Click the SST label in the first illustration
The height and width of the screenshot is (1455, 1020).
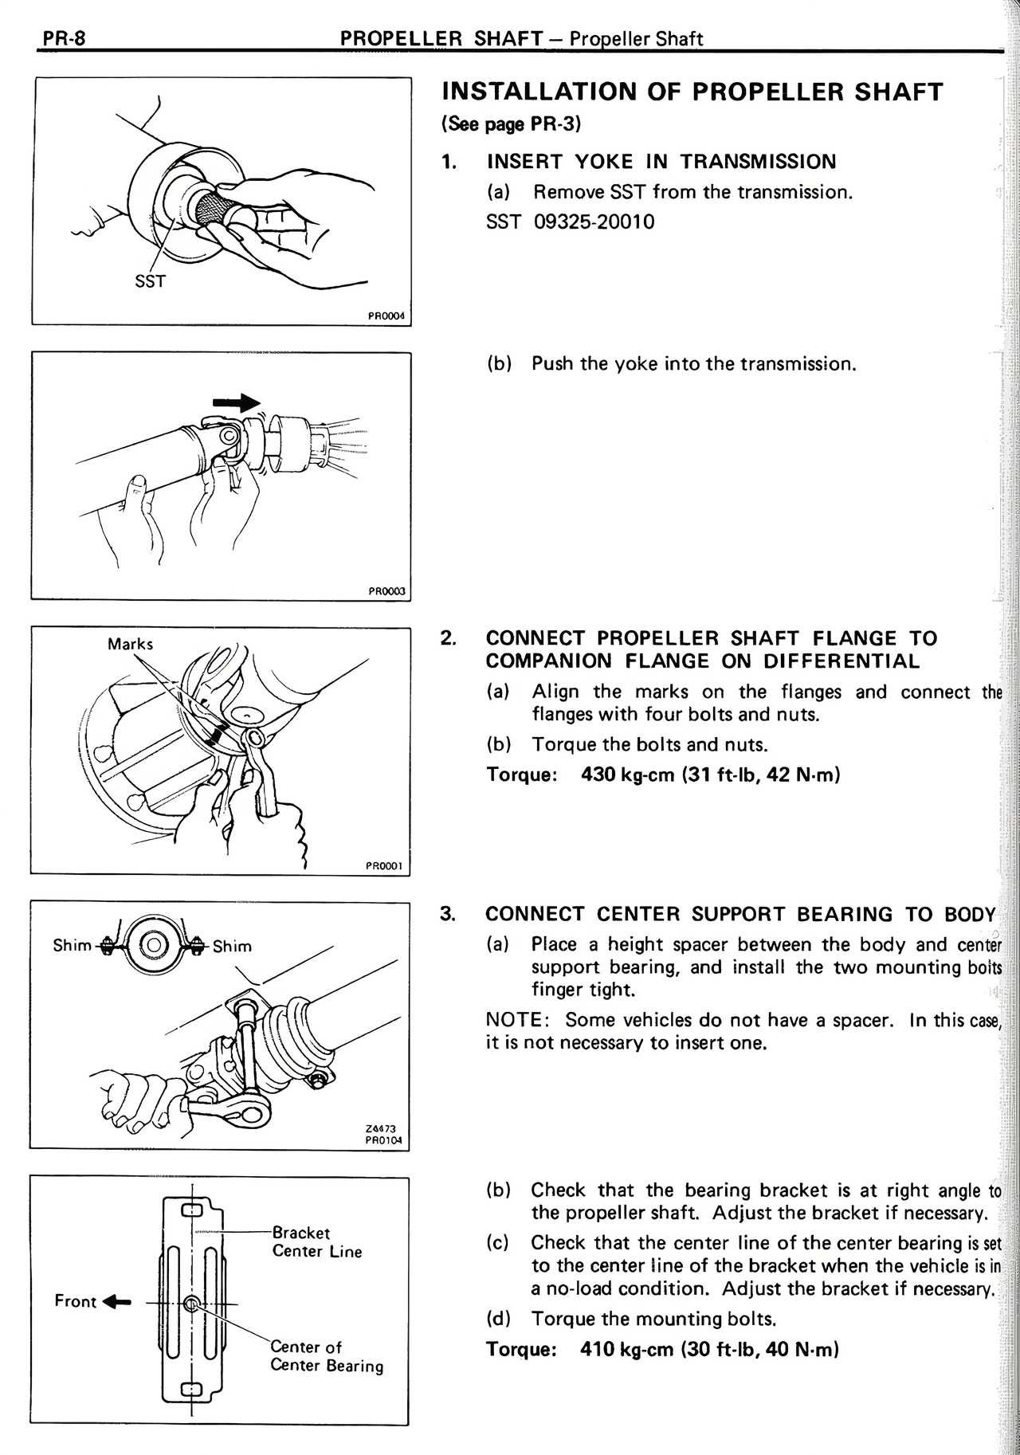(x=150, y=280)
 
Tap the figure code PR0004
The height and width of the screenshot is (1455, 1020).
(x=386, y=316)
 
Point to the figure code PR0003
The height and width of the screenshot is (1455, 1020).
(x=387, y=591)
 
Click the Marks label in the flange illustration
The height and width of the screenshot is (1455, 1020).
(x=130, y=644)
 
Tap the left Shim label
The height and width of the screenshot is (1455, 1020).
(x=72, y=945)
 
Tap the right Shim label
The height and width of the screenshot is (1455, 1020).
(x=232, y=946)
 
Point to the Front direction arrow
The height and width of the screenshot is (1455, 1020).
(x=118, y=1302)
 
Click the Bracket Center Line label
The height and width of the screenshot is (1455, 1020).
(x=316, y=1241)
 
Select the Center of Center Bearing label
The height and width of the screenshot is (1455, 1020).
(x=326, y=1356)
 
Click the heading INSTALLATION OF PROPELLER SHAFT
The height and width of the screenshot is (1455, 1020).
(x=692, y=92)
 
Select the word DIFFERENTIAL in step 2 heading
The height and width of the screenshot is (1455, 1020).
(x=841, y=661)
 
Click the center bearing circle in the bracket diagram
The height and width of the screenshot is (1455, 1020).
(x=191, y=1304)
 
